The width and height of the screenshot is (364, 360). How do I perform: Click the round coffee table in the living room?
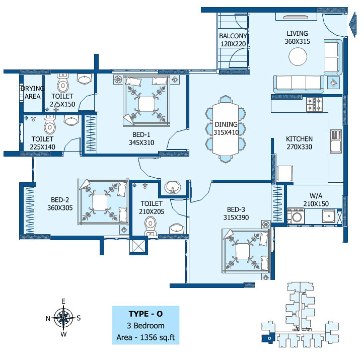click(x=298, y=56)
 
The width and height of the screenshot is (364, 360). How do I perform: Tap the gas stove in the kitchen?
click(x=314, y=105)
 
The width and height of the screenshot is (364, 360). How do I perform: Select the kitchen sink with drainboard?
click(x=336, y=141)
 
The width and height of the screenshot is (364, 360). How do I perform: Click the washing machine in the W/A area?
click(x=296, y=216)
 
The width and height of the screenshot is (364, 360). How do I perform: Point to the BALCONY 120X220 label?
click(x=233, y=40)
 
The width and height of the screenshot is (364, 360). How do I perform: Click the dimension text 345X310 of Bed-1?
click(x=141, y=142)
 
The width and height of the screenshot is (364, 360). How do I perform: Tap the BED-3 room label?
click(x=236, y=209)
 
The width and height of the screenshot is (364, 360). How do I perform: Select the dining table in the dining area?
click(x=226, y=129)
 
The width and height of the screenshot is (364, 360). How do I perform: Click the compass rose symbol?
click(x=63, y=318)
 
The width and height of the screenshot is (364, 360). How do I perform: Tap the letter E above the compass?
click(x=63, y=301)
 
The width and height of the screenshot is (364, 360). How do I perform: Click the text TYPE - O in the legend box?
click(x=145, y=314)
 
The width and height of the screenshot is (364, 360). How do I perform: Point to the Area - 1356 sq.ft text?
click(x=145, y=337)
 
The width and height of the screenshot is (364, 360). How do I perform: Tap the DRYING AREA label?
click(x=33, y=92)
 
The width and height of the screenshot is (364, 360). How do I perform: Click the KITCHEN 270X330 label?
click(x=299, y=143)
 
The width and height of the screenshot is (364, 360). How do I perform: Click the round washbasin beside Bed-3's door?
click(x=173, y=187)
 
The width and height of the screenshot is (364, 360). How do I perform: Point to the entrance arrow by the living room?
click(x=352, y=25)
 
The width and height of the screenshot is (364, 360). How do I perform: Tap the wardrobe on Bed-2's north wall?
click(x=30, y=210)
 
